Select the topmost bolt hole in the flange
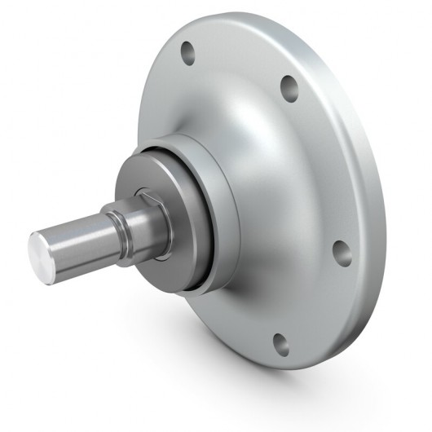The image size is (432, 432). coord(189,55)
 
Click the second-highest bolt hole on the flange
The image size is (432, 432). coord(288,88)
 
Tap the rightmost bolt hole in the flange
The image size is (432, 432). coord(342,253)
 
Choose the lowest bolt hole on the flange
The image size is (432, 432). coord(280,343)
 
